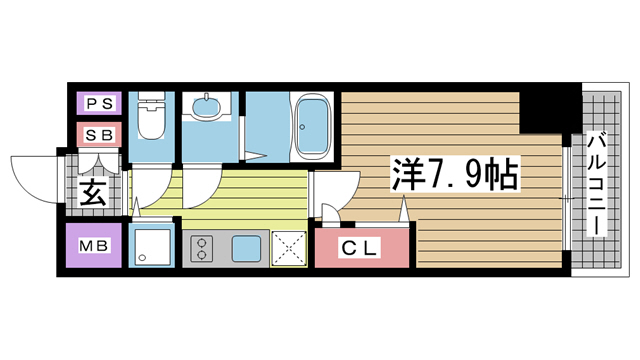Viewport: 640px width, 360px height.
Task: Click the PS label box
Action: coord(99,103)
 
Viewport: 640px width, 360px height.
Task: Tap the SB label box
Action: coord(99,134)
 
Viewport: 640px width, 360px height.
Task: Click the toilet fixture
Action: coord(152,117)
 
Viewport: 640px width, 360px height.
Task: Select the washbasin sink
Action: coord(209,107)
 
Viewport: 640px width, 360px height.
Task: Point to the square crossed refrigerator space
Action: coord(290,247)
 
